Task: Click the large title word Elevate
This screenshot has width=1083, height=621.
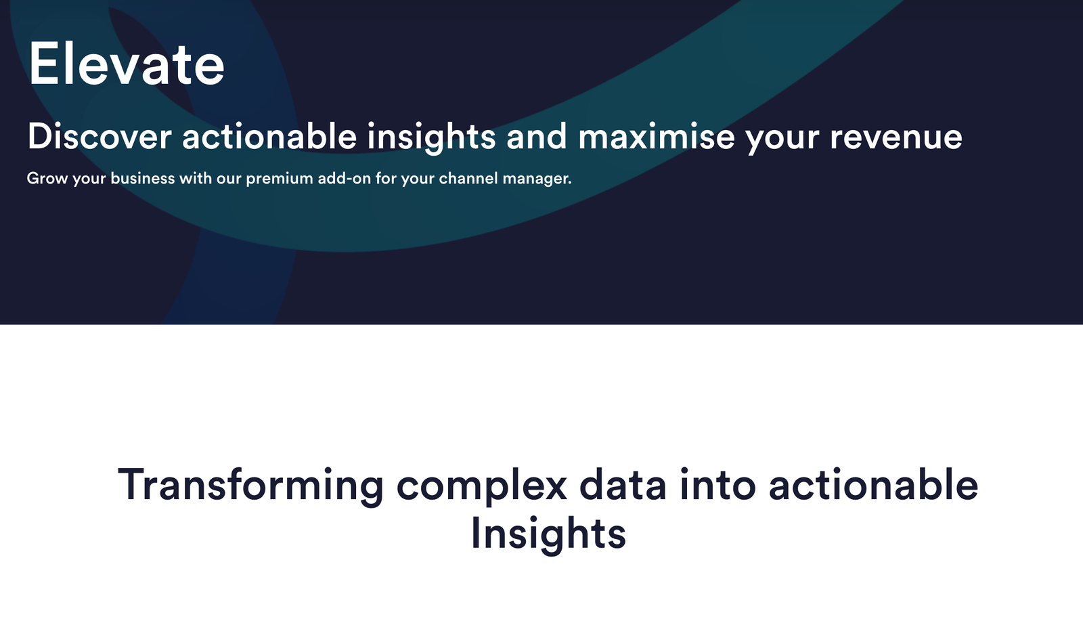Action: tap(127, 64)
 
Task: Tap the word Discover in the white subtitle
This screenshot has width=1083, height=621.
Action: tap(100, 136)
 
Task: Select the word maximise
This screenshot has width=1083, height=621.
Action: tap(656, 136)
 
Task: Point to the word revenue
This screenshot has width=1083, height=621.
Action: tap(896, 136)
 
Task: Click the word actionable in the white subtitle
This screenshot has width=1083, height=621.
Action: tap(269, 136)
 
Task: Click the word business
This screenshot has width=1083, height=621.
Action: tap(143, 179)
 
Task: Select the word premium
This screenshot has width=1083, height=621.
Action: tap(280, 179)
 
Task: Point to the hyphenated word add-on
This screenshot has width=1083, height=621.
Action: tap(345, 179)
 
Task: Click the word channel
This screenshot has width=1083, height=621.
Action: tap(468, 179)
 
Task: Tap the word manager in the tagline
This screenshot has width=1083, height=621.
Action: tap(537, 179)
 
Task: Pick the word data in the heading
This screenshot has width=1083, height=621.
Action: tap(623, 485)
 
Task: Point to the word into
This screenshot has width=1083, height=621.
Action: tap(717, 485)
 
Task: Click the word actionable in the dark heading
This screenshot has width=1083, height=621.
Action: tap(873, 485)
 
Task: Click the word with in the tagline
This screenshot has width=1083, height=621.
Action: tap(196, 179)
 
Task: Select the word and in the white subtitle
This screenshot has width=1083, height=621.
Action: tap(537, 136)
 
